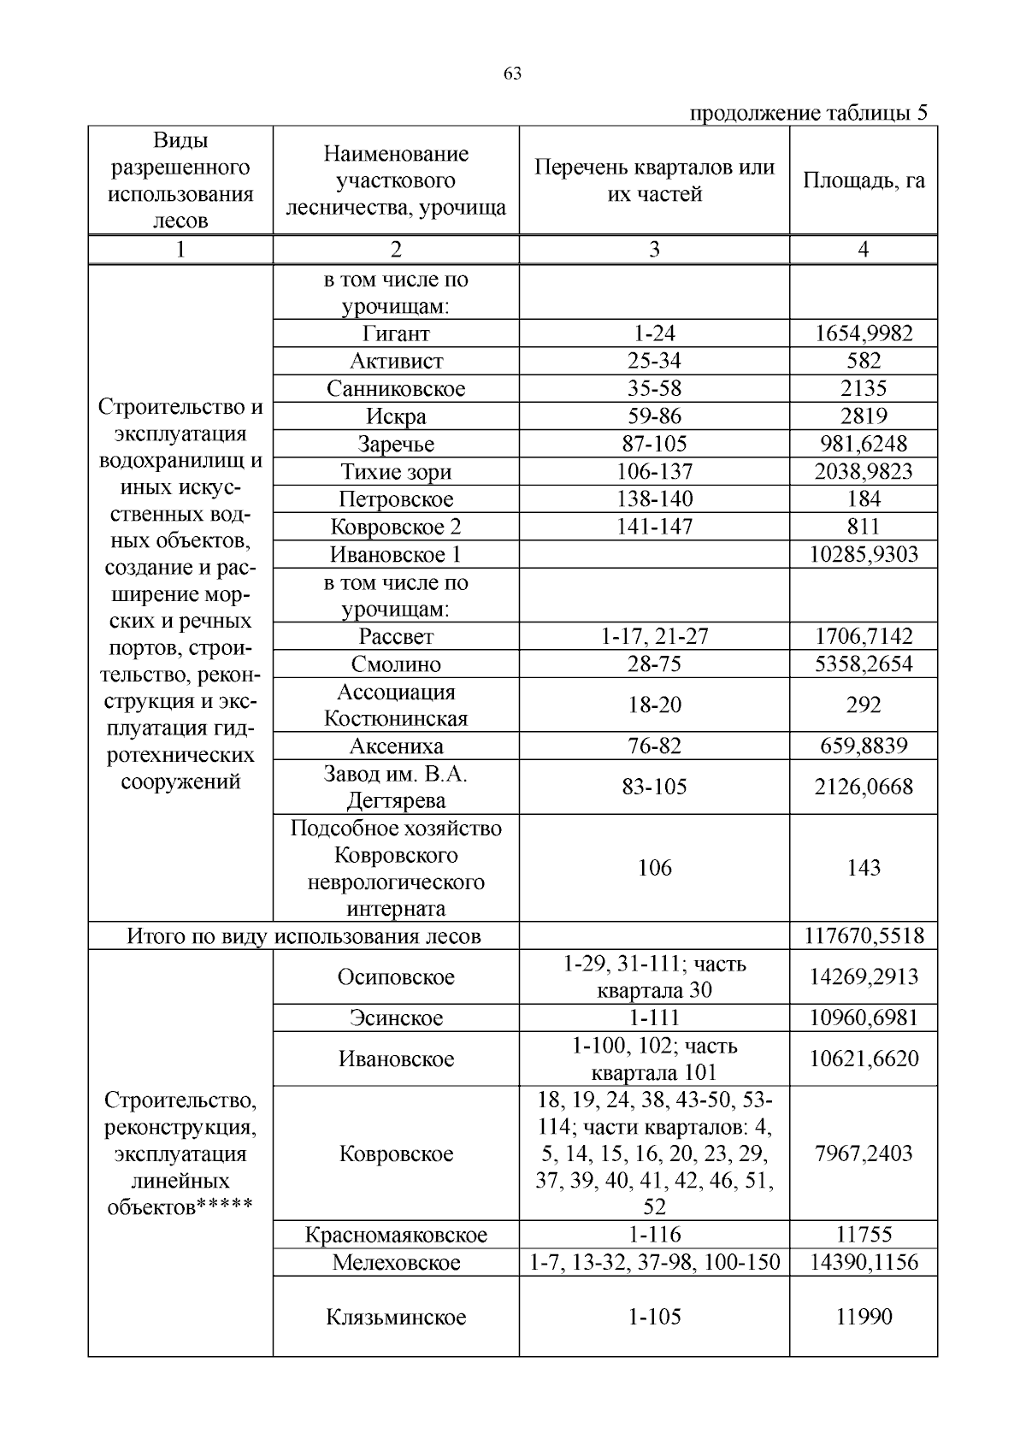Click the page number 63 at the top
(512, 74)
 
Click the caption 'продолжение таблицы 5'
(808, 113)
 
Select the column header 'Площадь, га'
(863, 180)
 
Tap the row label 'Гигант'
(396, 333)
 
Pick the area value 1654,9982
(864, 333)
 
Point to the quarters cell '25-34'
(654, 361)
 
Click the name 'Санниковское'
(396, 389)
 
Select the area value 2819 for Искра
(864, 416)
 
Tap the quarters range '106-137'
(654, 471)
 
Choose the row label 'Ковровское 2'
(396, 527)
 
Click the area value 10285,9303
(864, 554)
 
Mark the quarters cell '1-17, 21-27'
(654, 636)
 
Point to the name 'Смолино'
(396, 664)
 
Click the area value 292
(864, 705)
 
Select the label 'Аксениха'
(396, 746)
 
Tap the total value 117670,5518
(864, 935)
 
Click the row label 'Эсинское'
(396, 1017)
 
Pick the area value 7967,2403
(864, 1153)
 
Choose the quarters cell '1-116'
(654, 1235)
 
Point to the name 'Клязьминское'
(396, 1317)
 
